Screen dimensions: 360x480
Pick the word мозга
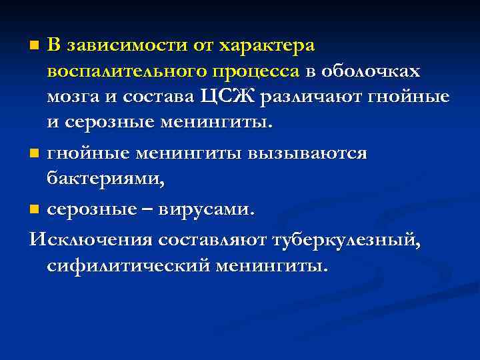coord(70,98)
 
